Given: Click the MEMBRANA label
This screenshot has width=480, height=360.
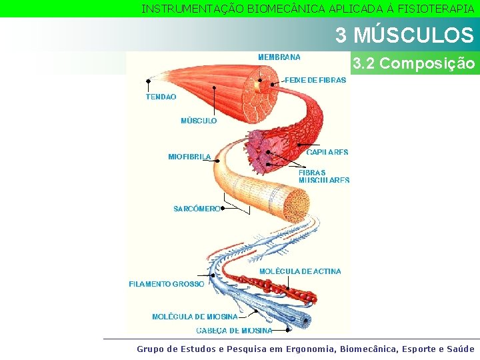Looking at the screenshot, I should [x=279, y=57].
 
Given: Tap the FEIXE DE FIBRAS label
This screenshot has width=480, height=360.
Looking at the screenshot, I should [x=315, y=80].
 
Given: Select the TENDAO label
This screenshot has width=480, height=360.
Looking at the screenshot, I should [x=161, y=97].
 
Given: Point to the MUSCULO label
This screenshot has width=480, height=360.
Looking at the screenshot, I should [x=199, y=121].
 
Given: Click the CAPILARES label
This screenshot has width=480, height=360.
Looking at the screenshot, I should [x=327, y=152].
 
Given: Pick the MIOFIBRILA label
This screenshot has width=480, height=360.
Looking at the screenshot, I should [x=189, y=157].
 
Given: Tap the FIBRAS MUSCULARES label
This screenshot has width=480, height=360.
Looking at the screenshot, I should [x=324, y=176].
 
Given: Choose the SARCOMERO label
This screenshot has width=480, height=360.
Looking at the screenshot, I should [x=196, y=209].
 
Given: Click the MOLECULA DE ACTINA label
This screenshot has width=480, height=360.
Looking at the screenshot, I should [x=300, y=271].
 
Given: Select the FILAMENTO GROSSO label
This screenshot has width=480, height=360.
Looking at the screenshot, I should [x=167, y=284].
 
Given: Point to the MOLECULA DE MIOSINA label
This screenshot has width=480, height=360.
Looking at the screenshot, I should [x=195, y=317].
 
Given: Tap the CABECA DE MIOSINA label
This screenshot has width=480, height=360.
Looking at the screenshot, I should [x=234, y=331].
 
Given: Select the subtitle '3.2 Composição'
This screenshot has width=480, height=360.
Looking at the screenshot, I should [x=413, y=64].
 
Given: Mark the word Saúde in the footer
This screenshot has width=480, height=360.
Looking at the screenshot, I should [x=459, y=349].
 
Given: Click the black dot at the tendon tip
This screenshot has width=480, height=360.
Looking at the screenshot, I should [x=148, y=81].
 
